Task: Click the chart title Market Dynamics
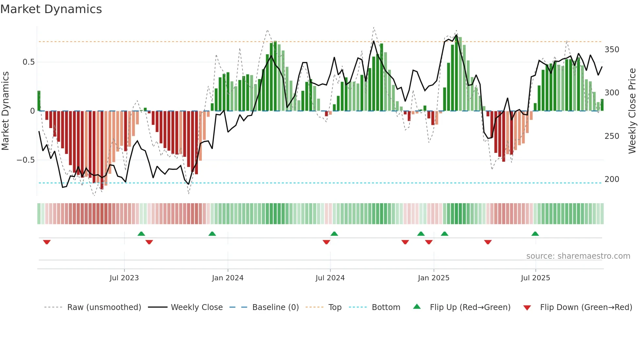51,9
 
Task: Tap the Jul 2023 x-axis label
124,278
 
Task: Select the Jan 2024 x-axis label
228,278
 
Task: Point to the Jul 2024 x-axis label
330,278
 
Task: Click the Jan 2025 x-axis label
433,278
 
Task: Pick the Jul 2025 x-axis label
535,278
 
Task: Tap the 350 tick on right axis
612,50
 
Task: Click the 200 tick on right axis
612,179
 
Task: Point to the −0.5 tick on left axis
25,160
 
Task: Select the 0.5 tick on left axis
28,62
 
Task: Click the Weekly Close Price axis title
632,111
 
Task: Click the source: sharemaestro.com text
578,256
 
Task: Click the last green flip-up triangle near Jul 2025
535,234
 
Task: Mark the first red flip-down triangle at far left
47,242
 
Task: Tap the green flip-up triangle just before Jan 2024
212,234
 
